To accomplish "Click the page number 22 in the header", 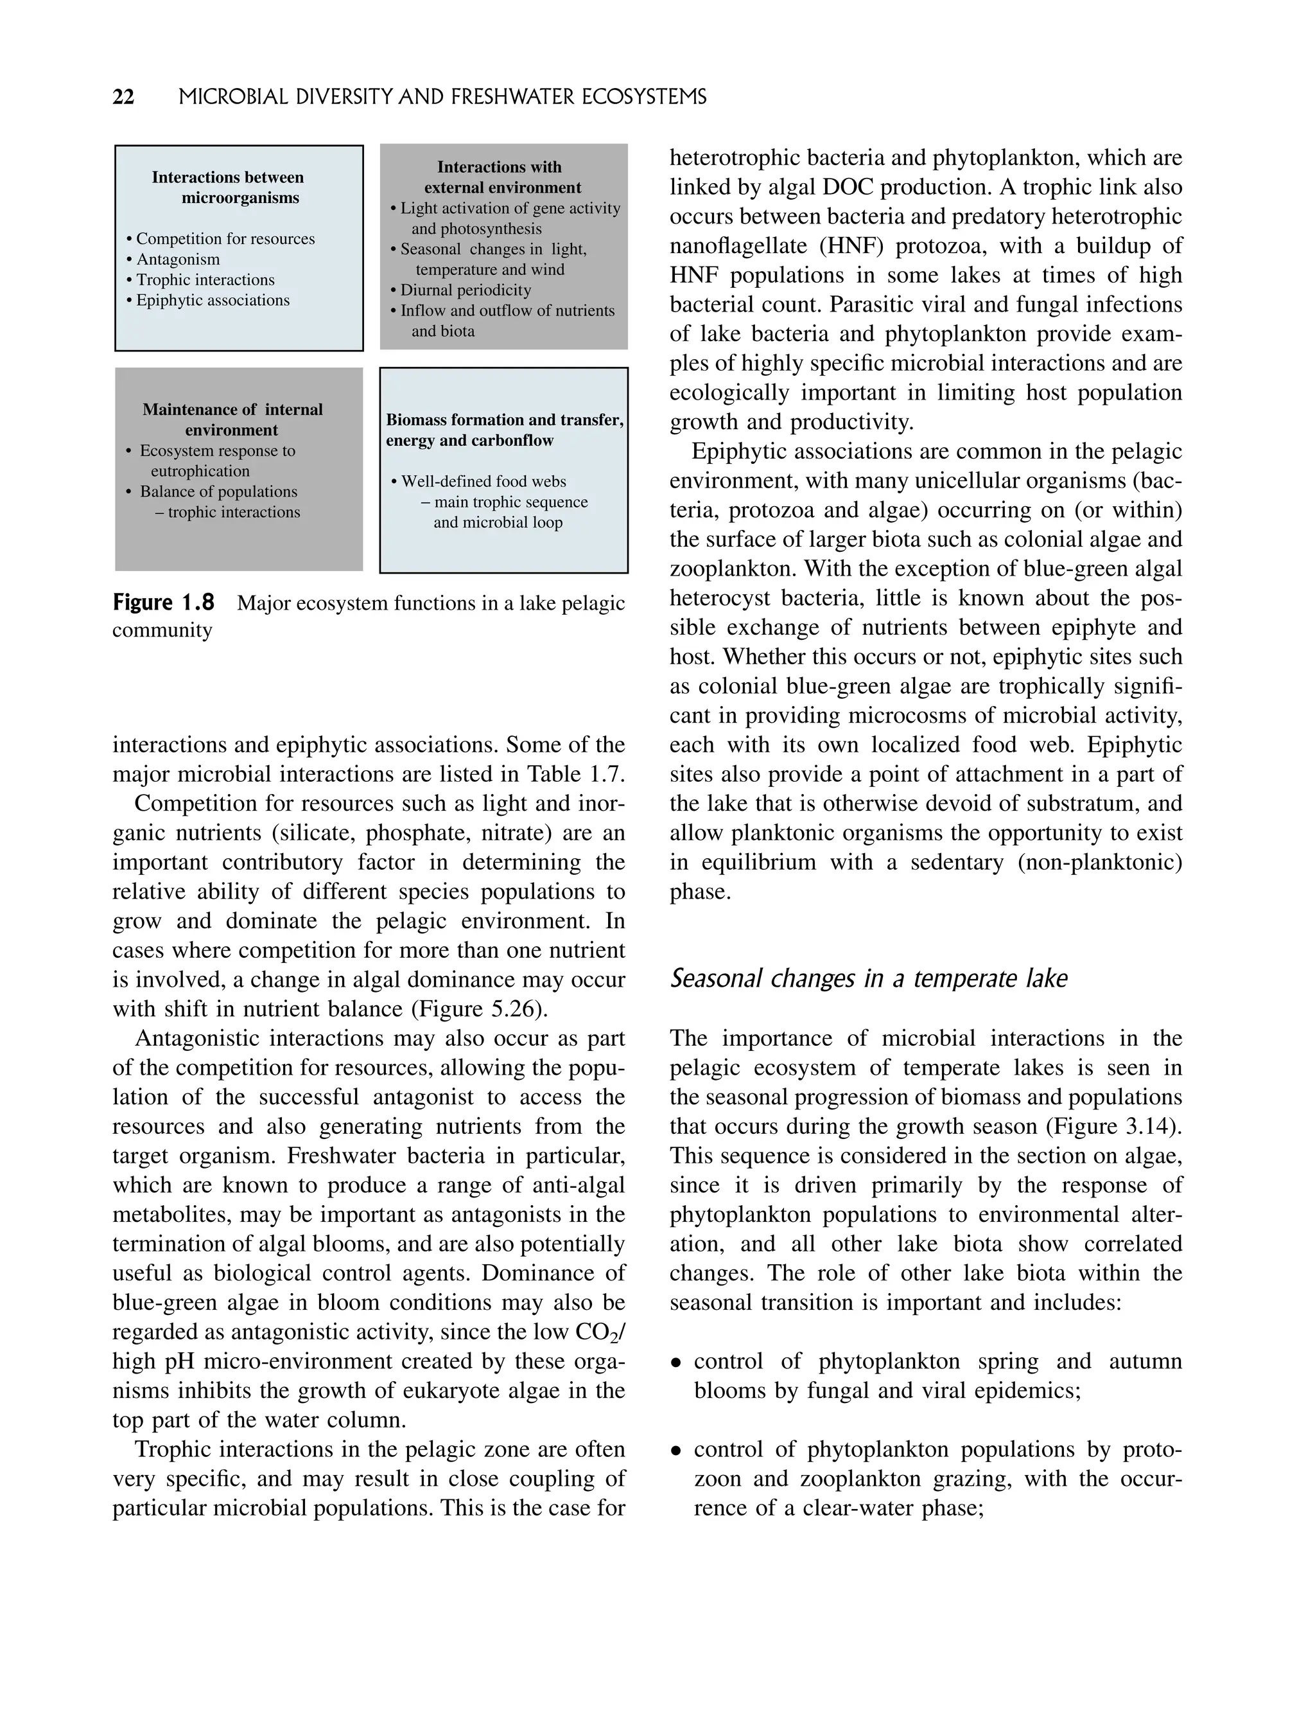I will (124, 97).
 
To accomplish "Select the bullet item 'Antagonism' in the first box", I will (178, 260).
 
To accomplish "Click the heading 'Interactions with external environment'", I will (501, 177).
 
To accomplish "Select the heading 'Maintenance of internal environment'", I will (232, 419).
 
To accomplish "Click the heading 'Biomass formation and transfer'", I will (505, 419).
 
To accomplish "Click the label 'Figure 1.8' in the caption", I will (163, 603).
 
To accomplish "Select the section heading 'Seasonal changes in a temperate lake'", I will (868, 978).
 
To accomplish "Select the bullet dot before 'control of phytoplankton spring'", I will (675, 1363).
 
